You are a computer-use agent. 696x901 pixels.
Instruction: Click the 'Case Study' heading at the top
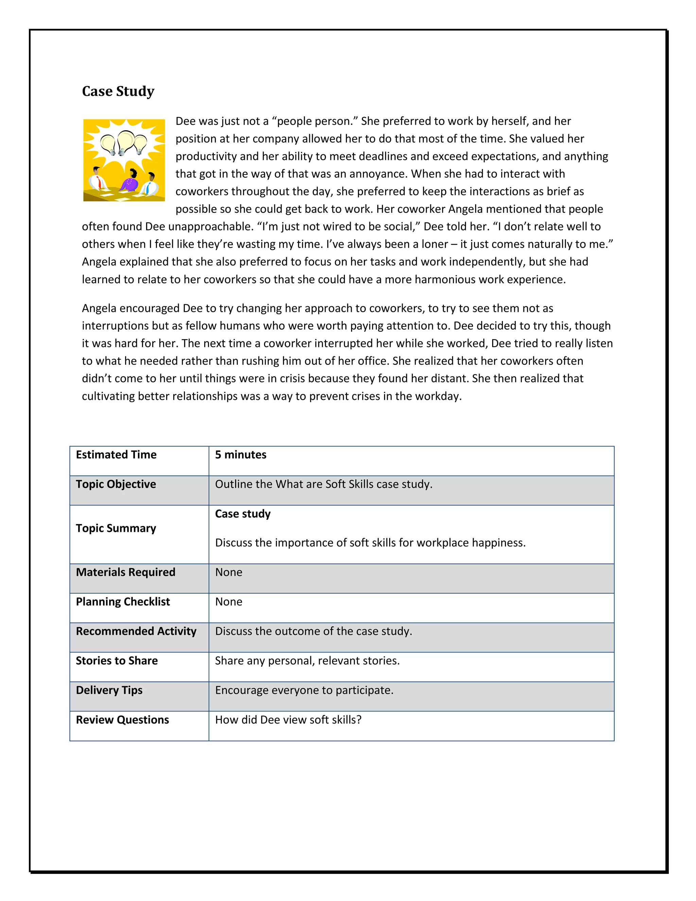[118, 91]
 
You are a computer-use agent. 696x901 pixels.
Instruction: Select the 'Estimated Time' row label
[116, 455]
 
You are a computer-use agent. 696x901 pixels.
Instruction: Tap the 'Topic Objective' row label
[116, 484]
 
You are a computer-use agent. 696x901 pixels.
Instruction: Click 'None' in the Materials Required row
[228, 572]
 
